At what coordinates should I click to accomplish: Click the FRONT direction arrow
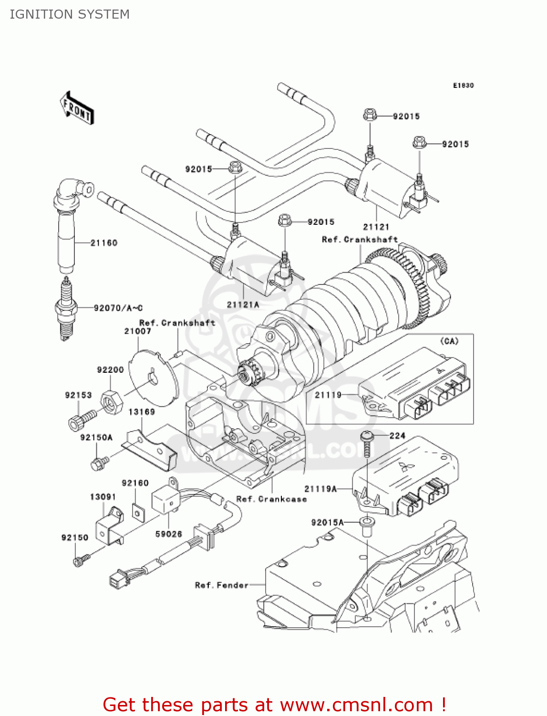click(77, 108)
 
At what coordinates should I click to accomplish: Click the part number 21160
click(104, 243)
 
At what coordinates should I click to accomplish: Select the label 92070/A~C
click(118, 308)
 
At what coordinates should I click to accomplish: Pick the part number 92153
click(78, 395)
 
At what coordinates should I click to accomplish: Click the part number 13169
click(142, 412)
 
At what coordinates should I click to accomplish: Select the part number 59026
click(168, 534)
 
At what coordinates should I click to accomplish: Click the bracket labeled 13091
click(110, 528)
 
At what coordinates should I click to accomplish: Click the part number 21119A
click(320, 489)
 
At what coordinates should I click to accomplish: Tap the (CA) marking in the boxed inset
click(449, 341)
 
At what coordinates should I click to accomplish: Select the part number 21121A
click(243, 305)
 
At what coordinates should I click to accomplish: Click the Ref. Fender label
click(221, 585)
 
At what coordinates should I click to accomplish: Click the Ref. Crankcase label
click(271, 499)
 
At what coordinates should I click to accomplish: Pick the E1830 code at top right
click(463, 85)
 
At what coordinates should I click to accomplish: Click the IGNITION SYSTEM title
click(70, 14)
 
